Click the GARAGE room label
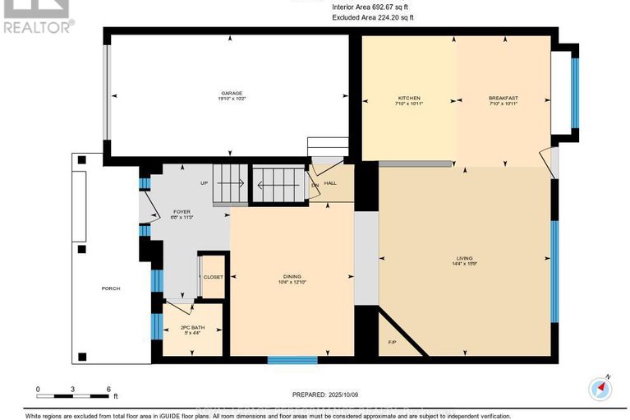[230, 94]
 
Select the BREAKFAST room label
[504, 99]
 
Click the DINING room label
[293, 276]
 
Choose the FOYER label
[181, 211]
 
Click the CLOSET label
[214, 277]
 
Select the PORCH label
[112, 288]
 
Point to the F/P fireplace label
[391, 342]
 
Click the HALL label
[330, 183]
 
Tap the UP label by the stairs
[204, 182]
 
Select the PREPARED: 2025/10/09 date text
[315, 395]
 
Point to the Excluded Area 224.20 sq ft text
[375, 17]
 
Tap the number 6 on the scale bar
[107, 389]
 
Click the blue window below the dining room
[292, 359]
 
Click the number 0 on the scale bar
[38, 389]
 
